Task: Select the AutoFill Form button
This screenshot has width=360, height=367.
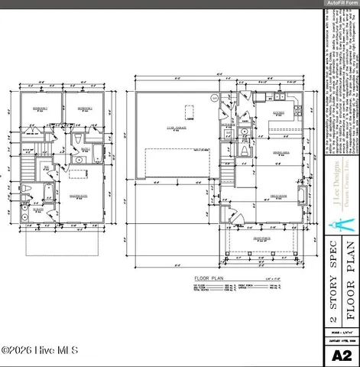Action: pyautogui.click(x=342, y=4)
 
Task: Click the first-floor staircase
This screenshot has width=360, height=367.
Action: pyautogui.click(x=228, y=177)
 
